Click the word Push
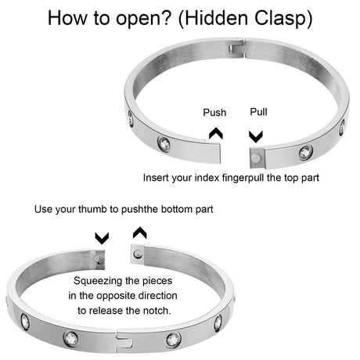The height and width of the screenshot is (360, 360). click(214, 113)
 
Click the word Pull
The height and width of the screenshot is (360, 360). click(258, 112)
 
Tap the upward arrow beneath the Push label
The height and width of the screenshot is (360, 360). click(216, 133)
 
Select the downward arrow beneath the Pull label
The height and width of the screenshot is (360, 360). click(256, 136)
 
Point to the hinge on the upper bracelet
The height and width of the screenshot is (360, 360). click(237, 49)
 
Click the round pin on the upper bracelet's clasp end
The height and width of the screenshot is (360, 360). click(257, 157)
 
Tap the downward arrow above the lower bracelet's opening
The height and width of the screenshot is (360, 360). click(102, 239)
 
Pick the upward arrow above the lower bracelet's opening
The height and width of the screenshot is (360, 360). click(140, 232)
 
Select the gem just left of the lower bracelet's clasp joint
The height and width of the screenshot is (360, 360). click(70, 339)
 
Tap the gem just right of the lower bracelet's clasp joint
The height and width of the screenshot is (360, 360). click(174, 340)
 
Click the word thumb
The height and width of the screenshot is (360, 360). click(92, 209)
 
